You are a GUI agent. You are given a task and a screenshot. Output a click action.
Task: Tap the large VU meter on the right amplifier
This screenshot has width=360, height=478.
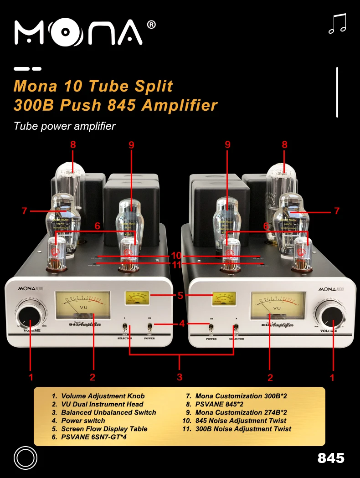click(x=278, y=307)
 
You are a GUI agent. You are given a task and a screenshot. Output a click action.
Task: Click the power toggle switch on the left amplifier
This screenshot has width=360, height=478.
click(x=150, y=327)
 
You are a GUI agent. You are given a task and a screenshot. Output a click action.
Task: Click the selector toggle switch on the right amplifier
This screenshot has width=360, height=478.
click(x=236, y=328)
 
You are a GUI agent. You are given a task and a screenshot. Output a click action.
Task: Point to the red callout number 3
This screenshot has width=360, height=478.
click(x=180, y=377)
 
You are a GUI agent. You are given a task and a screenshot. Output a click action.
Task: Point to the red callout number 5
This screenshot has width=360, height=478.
click(x=180, y=295)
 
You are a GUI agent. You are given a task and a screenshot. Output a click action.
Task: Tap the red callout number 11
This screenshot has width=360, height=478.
click(x=176, y=264)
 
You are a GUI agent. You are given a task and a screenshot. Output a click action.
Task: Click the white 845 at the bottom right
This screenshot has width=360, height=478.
click(x=331, y=458)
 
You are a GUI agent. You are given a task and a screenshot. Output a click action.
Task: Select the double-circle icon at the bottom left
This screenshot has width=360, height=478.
click(x=26, y=457)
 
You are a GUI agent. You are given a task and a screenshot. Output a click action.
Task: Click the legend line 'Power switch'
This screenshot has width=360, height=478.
click(x=83, y=421)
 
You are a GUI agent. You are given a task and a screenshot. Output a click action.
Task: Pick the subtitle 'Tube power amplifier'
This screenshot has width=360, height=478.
click(x=65, y=126)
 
